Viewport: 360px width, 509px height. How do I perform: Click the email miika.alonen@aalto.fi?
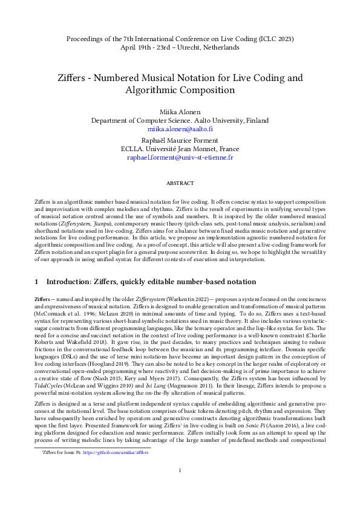[x=180, y=129]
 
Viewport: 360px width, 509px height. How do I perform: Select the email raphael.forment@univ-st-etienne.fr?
[x=180, y=157]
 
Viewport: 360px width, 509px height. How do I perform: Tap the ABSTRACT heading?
[x=180, y=183]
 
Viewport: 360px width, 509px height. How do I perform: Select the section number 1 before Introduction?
[x=36, y=282]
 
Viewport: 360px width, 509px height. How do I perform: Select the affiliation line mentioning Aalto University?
[x=180, y=120]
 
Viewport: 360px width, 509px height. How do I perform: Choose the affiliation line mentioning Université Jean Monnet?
[x=180, y=148]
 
